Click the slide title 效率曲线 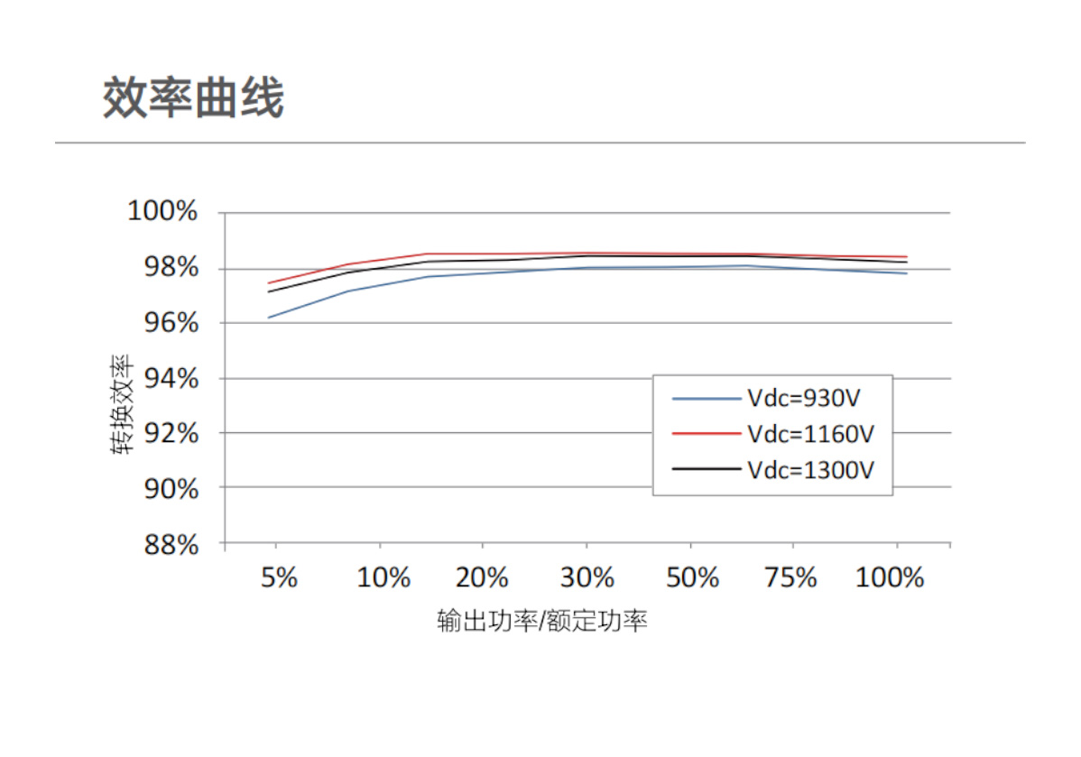click(x=193, y=98)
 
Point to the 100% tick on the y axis click(x=162, y=212)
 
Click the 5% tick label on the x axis click(x=279, y=577)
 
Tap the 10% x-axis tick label click(x=383, y=577)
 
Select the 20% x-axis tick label click(x=484, y=577)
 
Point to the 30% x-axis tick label click(x=587, y=577)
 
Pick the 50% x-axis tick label click(x=692, y=577)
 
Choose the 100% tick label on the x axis click(x=890, y=577)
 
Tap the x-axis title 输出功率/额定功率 click(x=542, y=622)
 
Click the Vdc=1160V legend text click(x=811, y=433)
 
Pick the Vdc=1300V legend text click(x=811, y=469)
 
